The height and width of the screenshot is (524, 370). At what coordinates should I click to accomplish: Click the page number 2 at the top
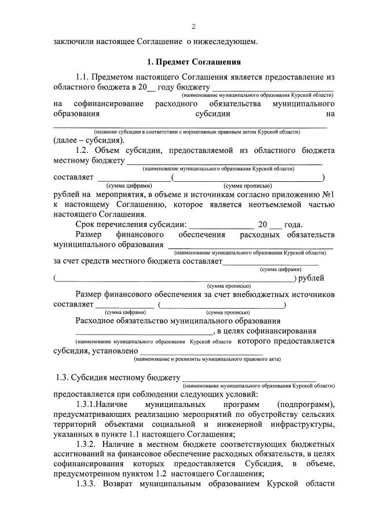click(x=194, y=27)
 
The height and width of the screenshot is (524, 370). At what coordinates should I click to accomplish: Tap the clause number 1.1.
click(x=85, y=76)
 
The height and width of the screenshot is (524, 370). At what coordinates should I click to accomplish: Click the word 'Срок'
click(x=86, y=225)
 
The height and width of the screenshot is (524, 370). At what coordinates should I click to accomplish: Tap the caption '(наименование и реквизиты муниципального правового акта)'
click(x=207, y=359)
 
